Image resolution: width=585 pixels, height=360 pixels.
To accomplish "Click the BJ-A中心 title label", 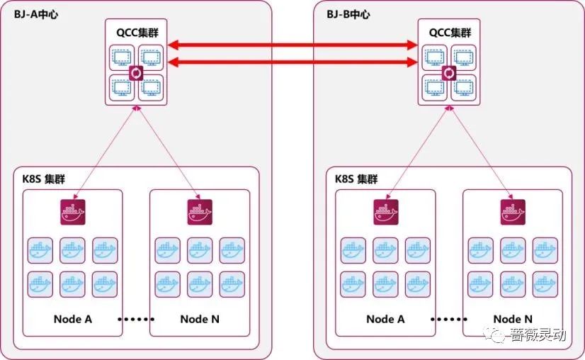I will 35,14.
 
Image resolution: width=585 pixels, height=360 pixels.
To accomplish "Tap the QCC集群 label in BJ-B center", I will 449,33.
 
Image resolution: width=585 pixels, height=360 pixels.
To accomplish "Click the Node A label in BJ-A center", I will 73,319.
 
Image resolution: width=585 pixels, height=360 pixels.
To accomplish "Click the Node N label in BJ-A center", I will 200,319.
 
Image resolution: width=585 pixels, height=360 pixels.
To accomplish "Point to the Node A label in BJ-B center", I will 385,319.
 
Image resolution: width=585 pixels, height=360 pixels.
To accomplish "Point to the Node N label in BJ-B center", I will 513,319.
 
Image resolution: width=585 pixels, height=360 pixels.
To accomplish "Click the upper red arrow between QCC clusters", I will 292,46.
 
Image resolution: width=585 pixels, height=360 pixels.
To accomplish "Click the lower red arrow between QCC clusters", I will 292,63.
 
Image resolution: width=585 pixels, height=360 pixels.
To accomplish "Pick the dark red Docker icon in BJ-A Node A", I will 73,211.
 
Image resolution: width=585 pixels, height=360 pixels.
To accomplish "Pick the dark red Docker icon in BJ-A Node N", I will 200,211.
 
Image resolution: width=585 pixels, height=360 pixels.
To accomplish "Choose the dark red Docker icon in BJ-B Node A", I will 386,211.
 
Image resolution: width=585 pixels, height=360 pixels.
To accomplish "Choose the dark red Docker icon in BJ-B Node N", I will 513,211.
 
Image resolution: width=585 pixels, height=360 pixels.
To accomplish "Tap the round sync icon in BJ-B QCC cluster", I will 448,74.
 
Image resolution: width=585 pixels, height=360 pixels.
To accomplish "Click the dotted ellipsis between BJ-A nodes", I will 135,320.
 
